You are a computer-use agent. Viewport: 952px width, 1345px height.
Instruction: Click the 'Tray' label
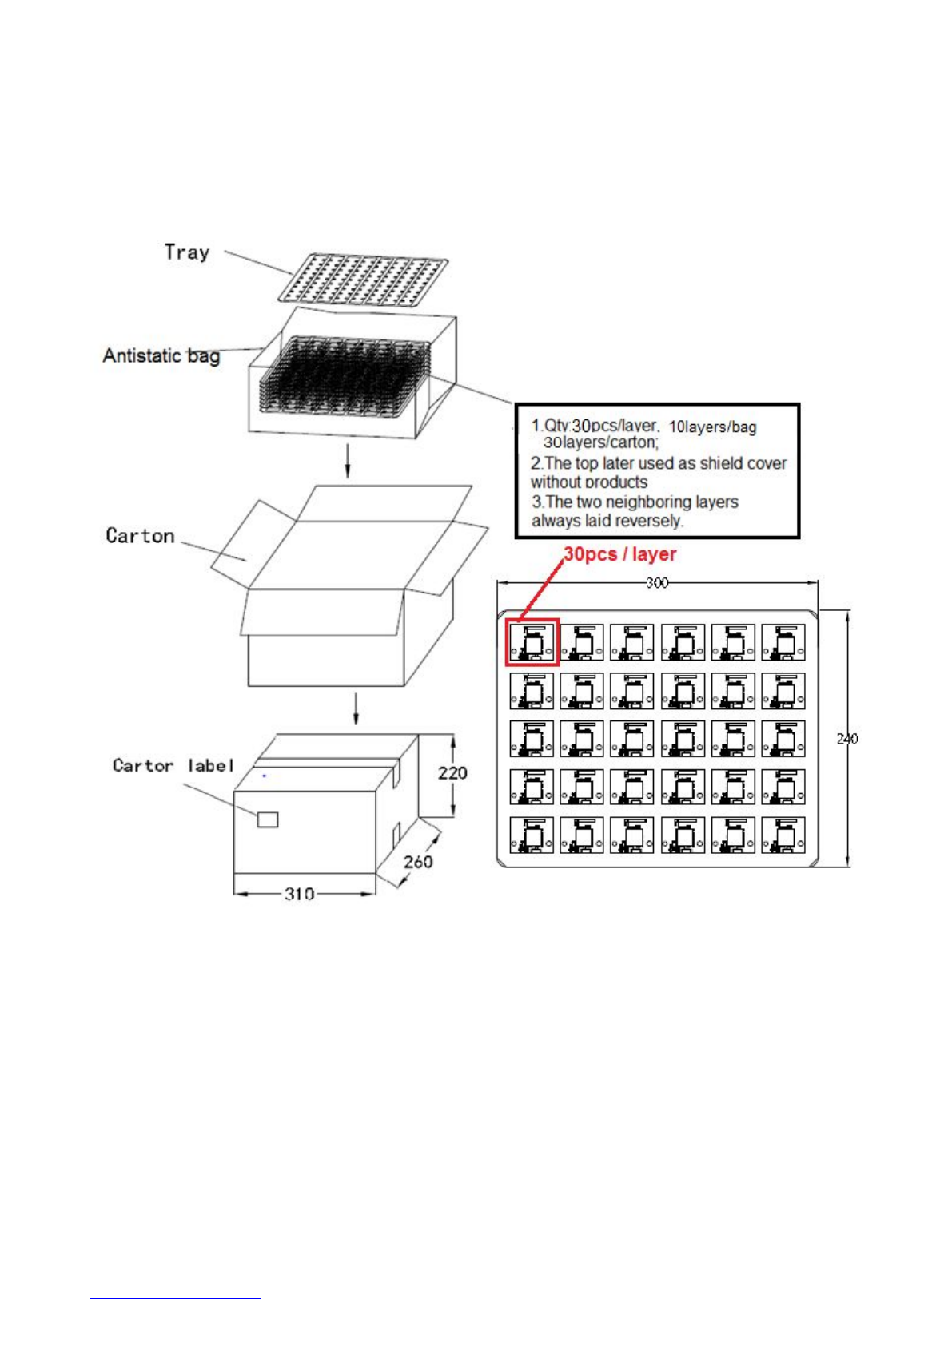coord(187,252)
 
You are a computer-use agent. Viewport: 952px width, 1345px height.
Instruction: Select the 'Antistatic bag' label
coord(161,355)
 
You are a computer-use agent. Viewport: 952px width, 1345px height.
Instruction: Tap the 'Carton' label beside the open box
coord(140,535)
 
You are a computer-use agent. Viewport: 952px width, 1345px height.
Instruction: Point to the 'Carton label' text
coord(173,765)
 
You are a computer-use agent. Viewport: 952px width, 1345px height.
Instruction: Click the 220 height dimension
coord(452,772)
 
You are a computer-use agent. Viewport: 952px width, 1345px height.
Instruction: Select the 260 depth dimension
coord(418,861)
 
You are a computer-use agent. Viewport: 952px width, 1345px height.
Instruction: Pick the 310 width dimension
coord(299,894)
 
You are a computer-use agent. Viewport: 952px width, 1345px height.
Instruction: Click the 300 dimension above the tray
coord(657,583)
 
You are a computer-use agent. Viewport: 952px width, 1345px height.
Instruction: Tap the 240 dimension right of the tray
coord(847,739)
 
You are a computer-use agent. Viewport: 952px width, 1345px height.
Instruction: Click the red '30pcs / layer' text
coord(620,554)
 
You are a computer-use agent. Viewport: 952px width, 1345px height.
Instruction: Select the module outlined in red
coord(532,641)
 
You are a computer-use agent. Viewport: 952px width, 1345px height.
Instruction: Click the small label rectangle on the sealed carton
coord(268,819)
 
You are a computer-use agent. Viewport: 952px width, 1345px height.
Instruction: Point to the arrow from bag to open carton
coord(347,462)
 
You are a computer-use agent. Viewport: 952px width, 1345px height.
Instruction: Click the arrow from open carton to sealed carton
coord(356,709)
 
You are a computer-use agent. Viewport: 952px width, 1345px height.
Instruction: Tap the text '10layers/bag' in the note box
coord(712,427)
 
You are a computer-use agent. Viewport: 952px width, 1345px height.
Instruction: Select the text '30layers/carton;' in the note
coord(601,442)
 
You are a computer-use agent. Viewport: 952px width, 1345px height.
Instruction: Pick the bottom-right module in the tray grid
coord(783,835)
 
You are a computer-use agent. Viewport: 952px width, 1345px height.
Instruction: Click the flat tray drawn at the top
coord(363,280)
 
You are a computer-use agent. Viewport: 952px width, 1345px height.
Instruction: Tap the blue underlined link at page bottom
coord(176,1297)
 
